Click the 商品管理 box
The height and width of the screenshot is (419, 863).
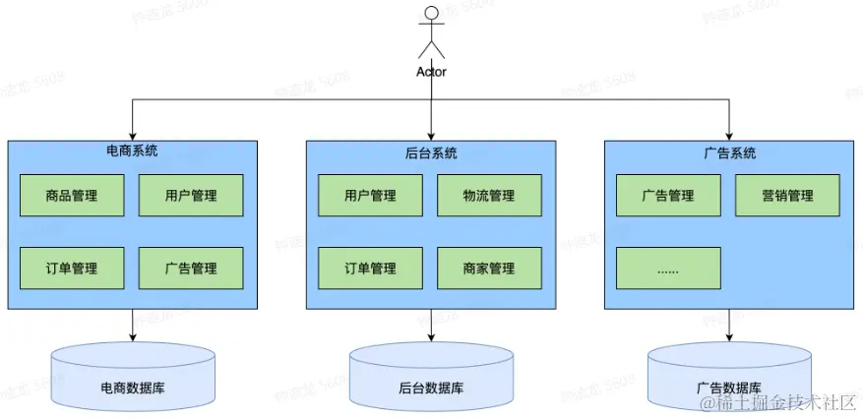click(x=72, y=195)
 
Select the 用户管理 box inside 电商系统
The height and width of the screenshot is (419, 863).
click(x=191, y=195)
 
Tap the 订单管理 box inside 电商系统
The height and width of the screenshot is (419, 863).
click(x=72, y=268)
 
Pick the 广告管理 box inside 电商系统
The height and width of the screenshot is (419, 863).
click(x=191, y=268)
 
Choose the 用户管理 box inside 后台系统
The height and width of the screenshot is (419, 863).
click(x=370, y=195)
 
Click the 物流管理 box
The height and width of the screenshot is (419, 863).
click(x=489, y=195)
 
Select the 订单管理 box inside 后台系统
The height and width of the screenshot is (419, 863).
click(x=370, y=268)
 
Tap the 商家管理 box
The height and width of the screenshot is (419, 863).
click(x=489, y=268)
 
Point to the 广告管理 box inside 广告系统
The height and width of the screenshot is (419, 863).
click(x=668, y=195)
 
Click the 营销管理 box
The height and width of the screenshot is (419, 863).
click(x=787, y=195)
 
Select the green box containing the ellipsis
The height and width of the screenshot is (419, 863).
click(x=668, y=268)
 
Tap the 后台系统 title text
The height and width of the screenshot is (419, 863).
click(x=431, y=152)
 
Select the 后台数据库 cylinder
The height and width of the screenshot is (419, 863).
click(x=431, y=379)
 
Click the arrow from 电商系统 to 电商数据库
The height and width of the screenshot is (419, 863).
click(x=132, y=326)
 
